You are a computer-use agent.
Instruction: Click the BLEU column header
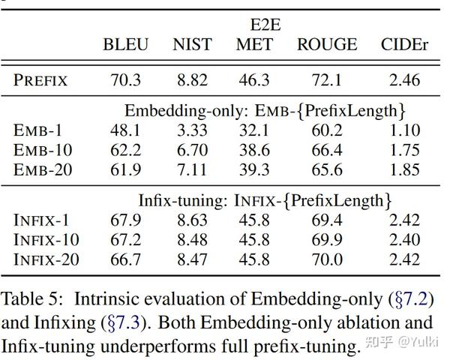click(x=126, y=44)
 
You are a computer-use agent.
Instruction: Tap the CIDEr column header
click(x=405, y=44)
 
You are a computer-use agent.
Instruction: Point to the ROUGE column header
click(x=327, y=44)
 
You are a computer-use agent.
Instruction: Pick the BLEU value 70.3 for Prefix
click(x=126, y=79)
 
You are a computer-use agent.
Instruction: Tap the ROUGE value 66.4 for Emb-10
click(x=326, y=150)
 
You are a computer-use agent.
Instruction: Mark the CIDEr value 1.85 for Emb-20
click(x=405, y=169)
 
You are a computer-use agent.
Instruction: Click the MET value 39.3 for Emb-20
click(x=254, y=169)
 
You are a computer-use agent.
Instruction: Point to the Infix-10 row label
click(x=47, y=240)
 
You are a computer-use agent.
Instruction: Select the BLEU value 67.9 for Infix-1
click(x=126, y=220)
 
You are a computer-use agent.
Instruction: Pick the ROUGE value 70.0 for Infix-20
click(x=326, y=259)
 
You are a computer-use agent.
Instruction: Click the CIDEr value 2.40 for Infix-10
click(x=405, y=240)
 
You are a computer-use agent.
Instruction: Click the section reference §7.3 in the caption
click(x=121, y=324)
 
